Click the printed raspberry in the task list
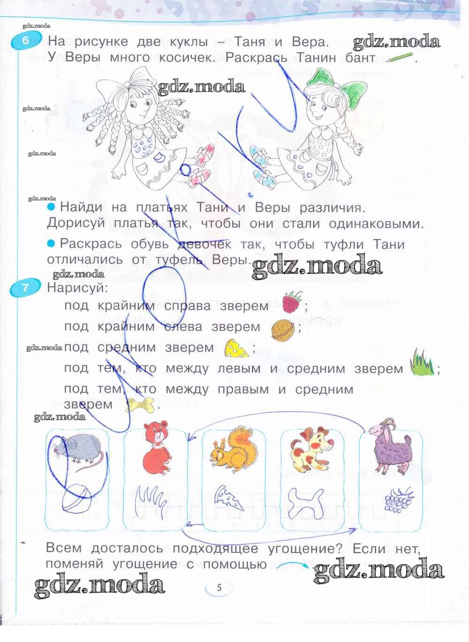tap(292, 302)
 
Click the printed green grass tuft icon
tap(422, 363)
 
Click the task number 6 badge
tap(26, 41)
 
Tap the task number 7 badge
tap(25, 287)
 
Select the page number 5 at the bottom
tap(219, 588)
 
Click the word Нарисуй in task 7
tap(77, 288)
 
